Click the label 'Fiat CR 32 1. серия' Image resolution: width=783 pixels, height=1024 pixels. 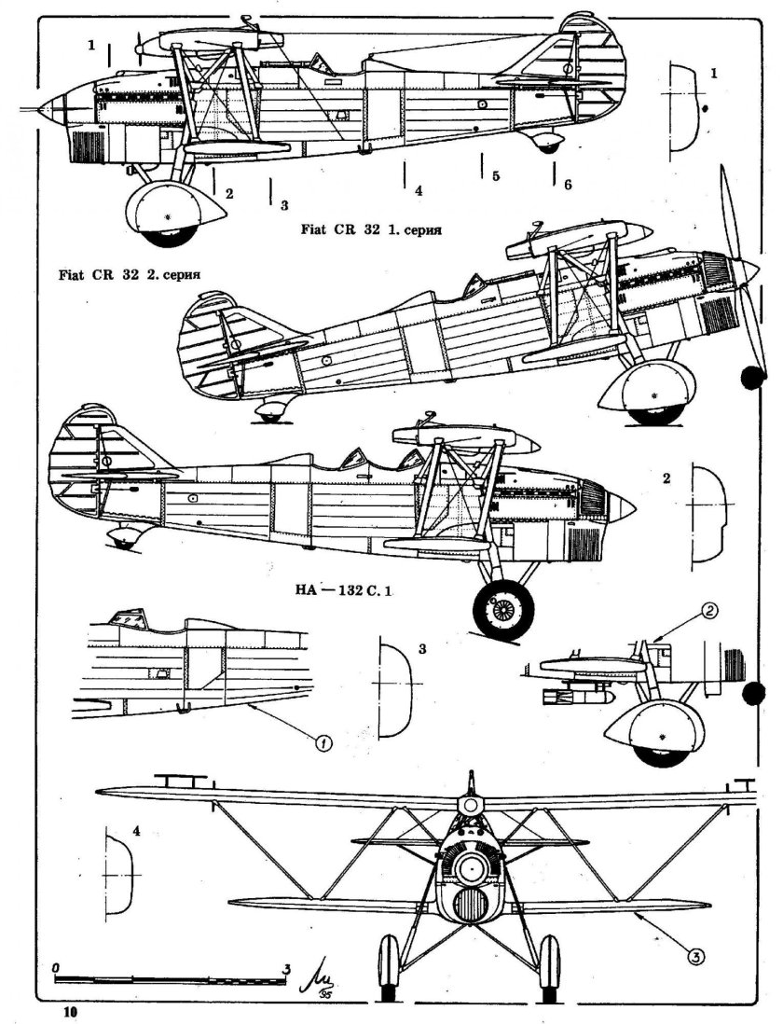pos(369,228)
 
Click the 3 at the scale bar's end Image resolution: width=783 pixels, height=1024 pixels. pos(287,966)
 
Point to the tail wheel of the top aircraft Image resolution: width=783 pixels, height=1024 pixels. pos(548,146)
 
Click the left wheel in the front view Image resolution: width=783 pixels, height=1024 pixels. pos(389,964)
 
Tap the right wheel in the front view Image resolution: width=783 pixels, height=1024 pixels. pos(549,964)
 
